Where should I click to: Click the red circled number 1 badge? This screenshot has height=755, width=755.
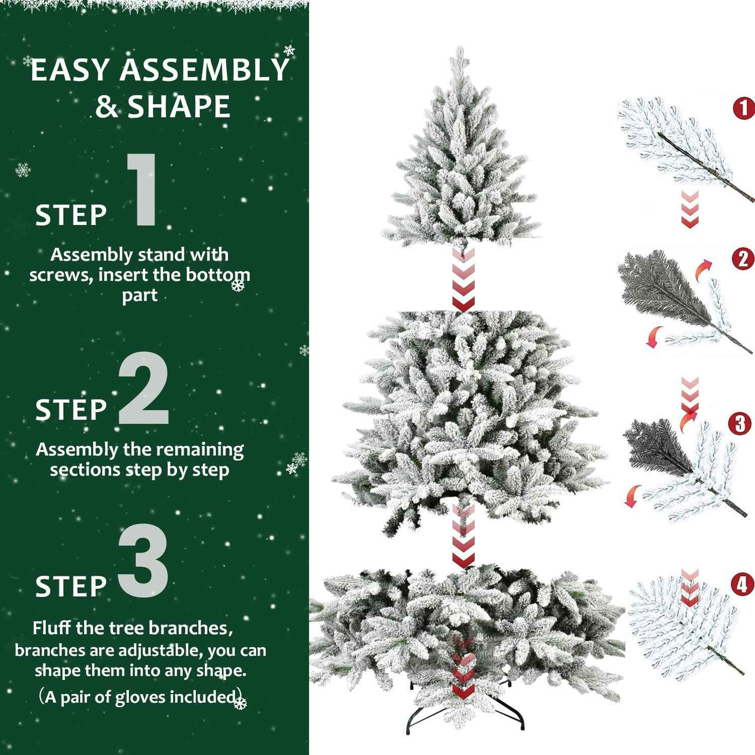743,109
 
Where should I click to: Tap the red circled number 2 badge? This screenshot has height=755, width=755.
743,259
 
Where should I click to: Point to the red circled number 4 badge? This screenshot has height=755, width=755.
742,584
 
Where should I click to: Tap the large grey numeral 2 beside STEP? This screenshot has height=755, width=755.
143,389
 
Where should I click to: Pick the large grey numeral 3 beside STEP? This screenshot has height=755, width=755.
143,561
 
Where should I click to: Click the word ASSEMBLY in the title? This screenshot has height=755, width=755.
204,71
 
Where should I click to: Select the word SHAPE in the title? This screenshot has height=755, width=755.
179,106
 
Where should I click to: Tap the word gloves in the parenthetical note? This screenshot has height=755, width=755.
140,697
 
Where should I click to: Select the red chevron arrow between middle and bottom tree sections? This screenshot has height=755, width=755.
463,537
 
